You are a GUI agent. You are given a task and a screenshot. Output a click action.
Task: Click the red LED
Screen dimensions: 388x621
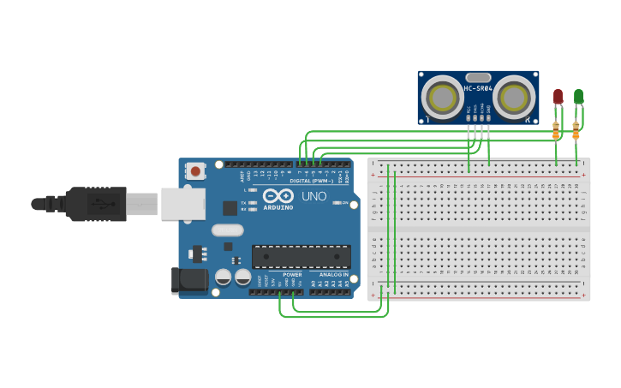tap(558, 96)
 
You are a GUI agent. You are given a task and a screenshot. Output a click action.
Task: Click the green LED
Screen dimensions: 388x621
tap(578, 96)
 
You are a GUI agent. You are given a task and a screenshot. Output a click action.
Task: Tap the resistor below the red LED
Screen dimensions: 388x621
tap(555, 130)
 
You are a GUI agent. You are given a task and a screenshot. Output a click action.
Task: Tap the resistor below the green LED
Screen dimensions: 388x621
tap(576, 130)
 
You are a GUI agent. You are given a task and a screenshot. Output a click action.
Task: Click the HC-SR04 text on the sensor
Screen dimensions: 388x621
tap(478, 88)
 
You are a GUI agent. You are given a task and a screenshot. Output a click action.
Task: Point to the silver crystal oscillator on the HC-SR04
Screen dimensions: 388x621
tap(478, 77)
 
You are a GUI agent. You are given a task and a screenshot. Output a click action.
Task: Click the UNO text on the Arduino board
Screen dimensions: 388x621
tap(314, 196)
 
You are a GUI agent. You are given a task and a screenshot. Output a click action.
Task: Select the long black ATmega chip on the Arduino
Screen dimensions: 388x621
tap(301, 256)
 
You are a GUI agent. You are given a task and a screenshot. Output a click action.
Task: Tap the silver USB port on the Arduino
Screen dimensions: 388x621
tap(183, 204)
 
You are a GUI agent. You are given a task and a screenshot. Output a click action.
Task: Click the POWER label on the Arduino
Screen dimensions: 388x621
tap(292, 275)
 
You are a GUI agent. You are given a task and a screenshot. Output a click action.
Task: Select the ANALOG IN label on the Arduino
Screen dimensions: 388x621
tap(333, 275)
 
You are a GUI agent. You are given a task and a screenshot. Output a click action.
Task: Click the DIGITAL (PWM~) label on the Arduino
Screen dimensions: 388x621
tap(312, 181)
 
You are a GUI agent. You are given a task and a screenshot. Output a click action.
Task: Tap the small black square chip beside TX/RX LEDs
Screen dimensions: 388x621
tap(230, 207)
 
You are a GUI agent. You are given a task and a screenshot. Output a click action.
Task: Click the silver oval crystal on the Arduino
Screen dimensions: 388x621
tap(228, 230)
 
